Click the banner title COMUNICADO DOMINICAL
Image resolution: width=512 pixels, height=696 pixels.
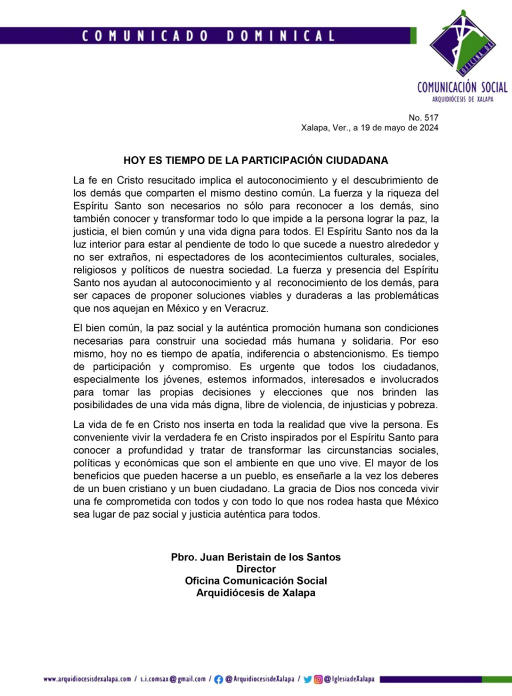pos(208,36)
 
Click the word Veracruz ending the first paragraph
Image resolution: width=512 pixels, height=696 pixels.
pos(245,308)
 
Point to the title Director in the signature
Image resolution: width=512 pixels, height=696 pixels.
pos(256,569)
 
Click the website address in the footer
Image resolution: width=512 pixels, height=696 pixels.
pos(87,679)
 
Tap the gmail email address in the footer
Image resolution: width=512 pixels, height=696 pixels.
pos(173,679)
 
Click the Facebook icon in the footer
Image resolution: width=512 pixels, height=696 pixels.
pos(218,679)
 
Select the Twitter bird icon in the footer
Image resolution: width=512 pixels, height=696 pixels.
pos(307,679)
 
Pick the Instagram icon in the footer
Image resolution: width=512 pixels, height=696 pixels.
pos(318,679)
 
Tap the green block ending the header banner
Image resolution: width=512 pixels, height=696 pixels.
pos(413,35)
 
